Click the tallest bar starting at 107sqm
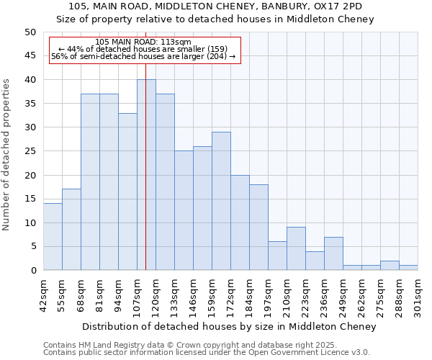(x=146, y=175)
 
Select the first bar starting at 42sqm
(x=53, y=237)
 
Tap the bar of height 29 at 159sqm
(x=221, y=201)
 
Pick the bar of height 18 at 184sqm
(x=258, y=228)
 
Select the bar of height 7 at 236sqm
(x=333, y=253)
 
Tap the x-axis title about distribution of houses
(x=229, y=327)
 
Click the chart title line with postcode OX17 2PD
(x=216, y=6)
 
